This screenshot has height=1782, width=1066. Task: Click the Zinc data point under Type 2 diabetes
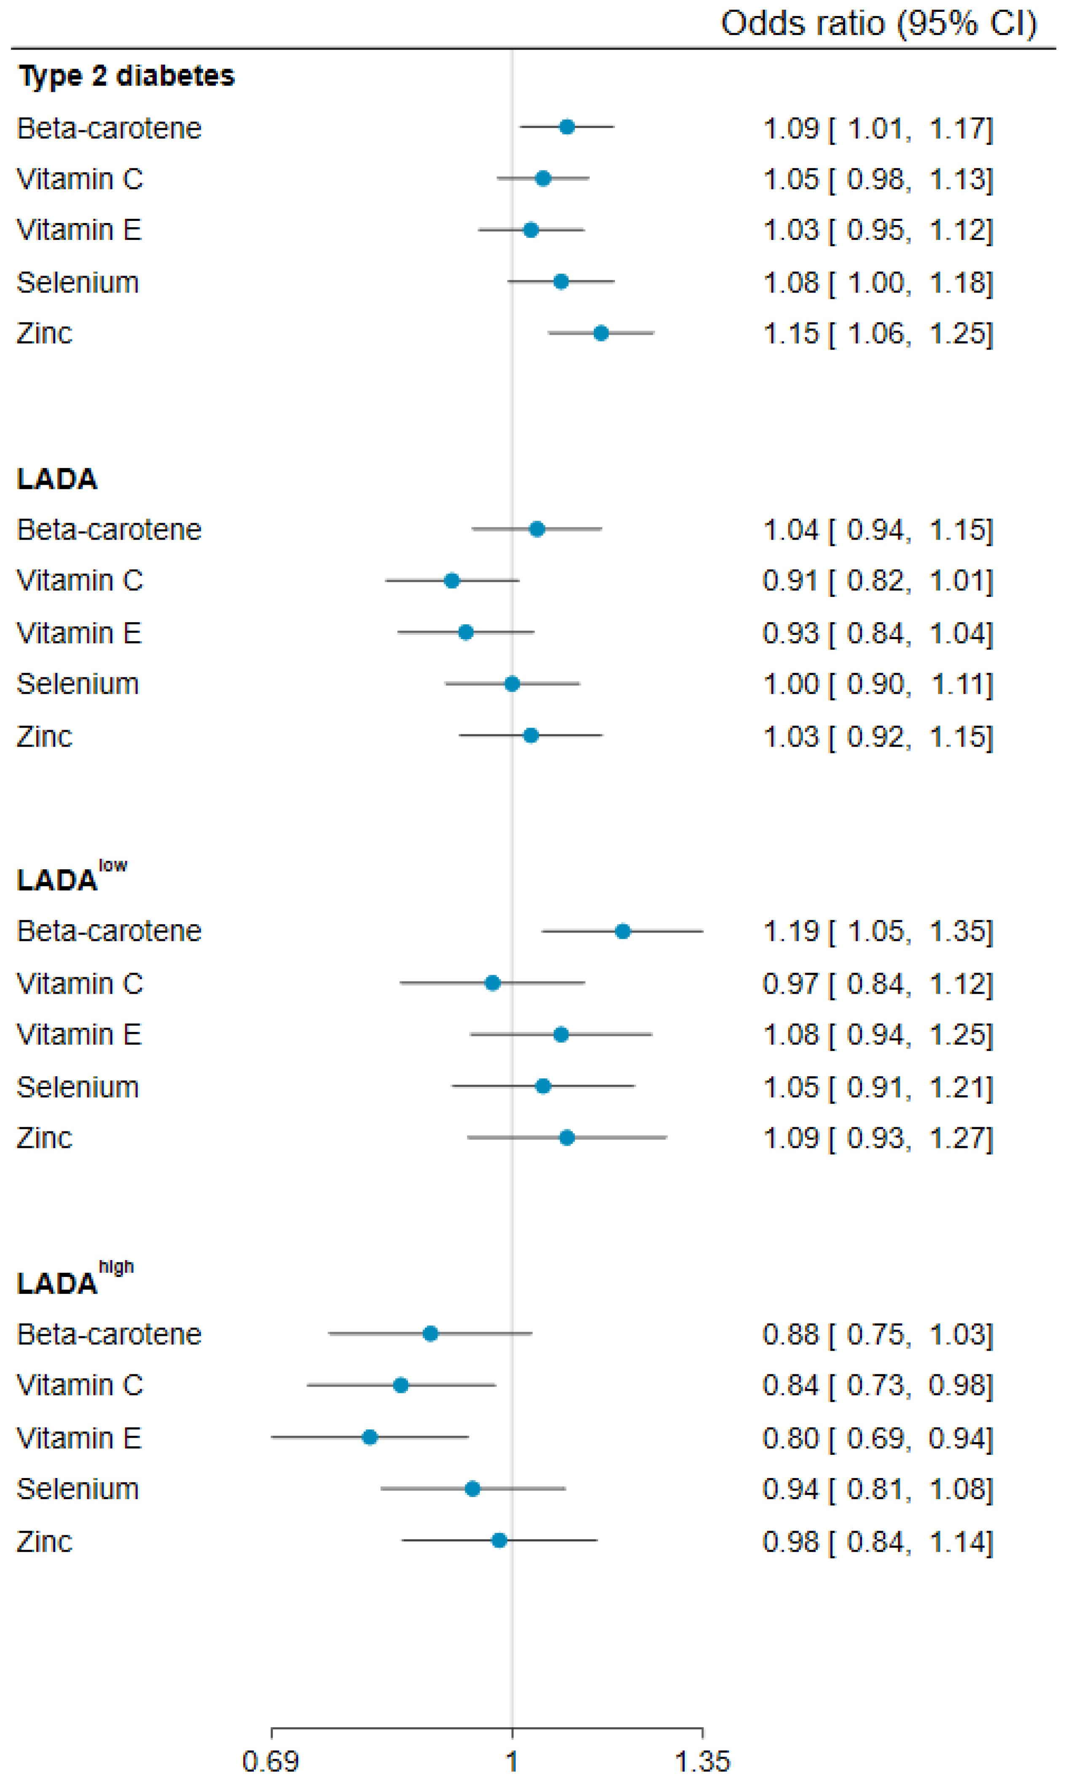pos(601,333)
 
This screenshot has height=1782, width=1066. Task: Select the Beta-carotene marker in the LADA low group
pos(623,932)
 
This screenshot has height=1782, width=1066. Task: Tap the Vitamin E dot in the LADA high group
pos(370,1437)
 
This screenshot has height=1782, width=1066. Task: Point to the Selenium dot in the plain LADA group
pos(512,684)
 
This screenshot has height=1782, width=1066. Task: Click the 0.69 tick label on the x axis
pos(270,1761)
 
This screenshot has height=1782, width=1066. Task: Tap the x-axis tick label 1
pos(512,1761)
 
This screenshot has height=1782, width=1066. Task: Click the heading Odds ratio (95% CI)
pos(878,24)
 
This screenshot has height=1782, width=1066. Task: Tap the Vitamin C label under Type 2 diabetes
pos(80,179)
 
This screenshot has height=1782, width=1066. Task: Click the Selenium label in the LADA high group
pos(78,1489)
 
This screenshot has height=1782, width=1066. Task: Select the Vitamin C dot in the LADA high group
pos(401,1385)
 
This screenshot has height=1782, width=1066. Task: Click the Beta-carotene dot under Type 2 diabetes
pos(567,127)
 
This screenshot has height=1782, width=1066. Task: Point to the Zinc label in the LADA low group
pos(45,1138)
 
